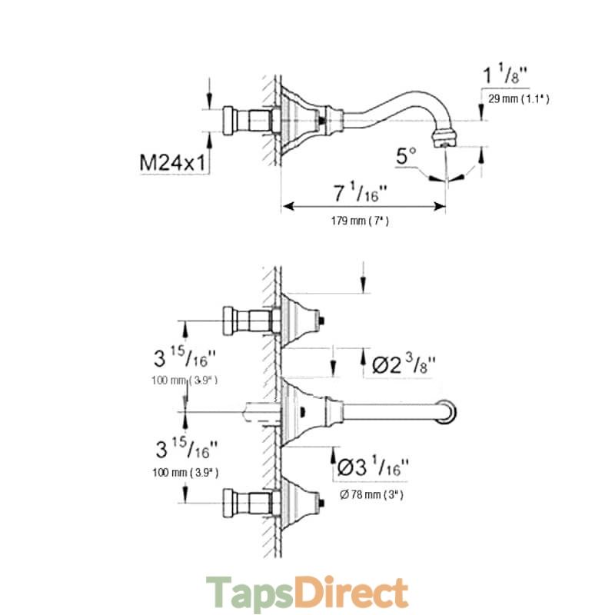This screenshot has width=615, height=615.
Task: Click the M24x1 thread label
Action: click(x=172, y=162)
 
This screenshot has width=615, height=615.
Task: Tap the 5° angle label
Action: click(x=406, y=156)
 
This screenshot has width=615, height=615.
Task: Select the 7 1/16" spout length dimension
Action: click(x=360, y=193)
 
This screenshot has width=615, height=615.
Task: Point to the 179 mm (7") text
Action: click(x=360, y=221)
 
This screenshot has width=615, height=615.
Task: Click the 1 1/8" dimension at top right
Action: click(x=505, y=75)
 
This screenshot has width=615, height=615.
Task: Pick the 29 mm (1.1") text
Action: click(x=518, y=99)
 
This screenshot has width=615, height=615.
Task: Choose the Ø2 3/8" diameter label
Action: click(x=404, y=364)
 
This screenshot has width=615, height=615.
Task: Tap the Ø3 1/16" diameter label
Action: click(x=373, y=467)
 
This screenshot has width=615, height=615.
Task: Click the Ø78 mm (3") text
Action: click(x=371, y=495)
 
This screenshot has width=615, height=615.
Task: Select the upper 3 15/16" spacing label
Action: click(x=184, y=357)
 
